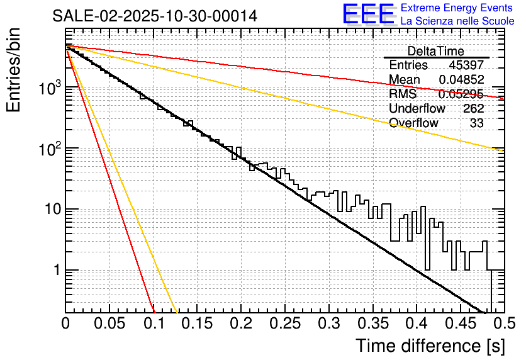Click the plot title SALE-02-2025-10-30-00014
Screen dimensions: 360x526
(155, 16)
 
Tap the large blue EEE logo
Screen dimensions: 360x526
(369, 14)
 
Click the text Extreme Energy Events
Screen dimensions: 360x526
(457, 8)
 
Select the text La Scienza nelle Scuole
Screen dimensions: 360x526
(457, 21)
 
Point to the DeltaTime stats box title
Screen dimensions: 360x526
(436, 51)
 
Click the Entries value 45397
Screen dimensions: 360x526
(466, 65)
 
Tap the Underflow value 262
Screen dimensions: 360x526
(473, 109)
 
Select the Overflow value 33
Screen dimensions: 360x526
(476, 123)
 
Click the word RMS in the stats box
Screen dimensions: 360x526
(403, 94)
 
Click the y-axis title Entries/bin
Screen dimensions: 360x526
(15, 70)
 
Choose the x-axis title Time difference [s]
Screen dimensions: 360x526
(429, 346)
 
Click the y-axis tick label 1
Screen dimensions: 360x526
(55, 270)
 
